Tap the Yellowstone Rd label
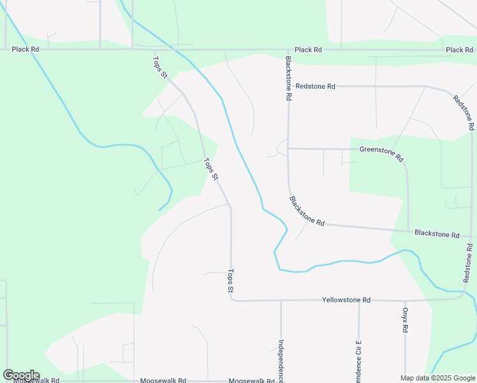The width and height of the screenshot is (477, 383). tap(346, 300)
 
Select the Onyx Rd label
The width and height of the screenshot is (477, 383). tap(405, 320)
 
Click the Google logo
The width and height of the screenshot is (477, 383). tap(21, 375)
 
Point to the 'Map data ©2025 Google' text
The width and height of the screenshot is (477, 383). tap(437, 378)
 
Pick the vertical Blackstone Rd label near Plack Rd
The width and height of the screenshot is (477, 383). tap(288, 79)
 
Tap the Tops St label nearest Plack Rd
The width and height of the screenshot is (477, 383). tap(159, 68)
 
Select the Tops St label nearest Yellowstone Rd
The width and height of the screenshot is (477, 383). tap(231, 281)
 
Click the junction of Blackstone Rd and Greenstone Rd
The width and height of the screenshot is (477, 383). tap(288, 149)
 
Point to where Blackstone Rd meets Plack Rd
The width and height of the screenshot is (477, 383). tap(287, 49)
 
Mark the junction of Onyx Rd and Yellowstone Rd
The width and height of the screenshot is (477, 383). tap(405, 300)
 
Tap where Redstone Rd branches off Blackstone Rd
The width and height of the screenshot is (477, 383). tap(288, 86)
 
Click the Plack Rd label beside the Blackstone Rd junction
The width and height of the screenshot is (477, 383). tap(308, 50)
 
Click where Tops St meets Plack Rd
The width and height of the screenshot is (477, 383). tap(154, 49)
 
